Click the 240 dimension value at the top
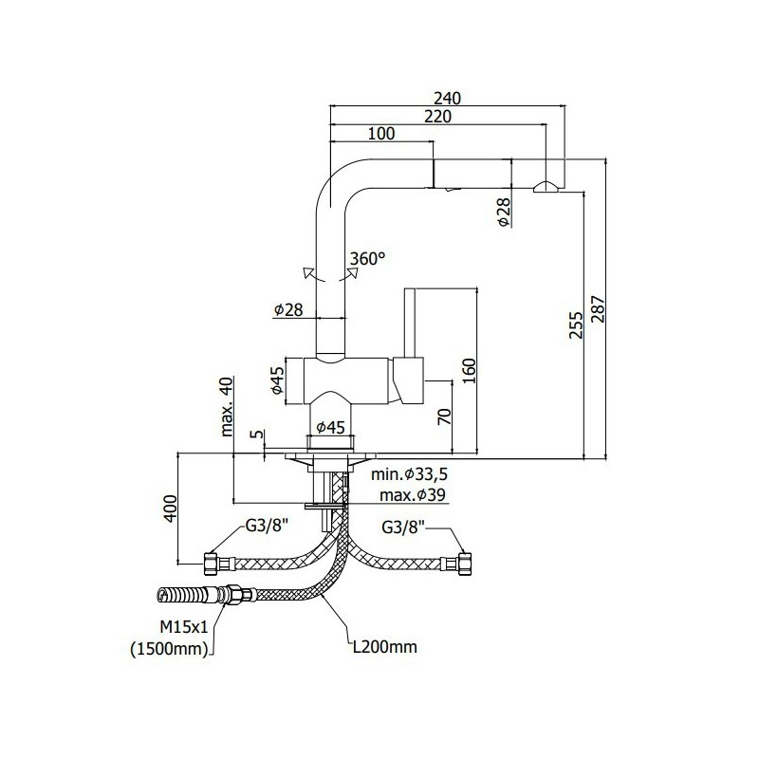pos(447,99)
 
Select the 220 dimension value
pos(437,117)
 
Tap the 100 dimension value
pos(381,134)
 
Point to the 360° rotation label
pos(368,259)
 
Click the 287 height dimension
pos(599,309)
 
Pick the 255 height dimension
pos(576,324)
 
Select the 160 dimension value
pos(470,371)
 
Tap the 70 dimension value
pos(444,417)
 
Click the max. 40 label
pos(227,407)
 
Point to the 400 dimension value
pos(170,509)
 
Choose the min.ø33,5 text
pos(410,474)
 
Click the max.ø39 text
pos(413,495)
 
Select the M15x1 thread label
pos(184,627)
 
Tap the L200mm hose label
pos(385,647)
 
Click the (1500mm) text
pos(169,649)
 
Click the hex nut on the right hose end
pos(465,564)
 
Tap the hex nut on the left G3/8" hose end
pos(211,564)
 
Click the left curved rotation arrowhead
pos(307,272)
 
